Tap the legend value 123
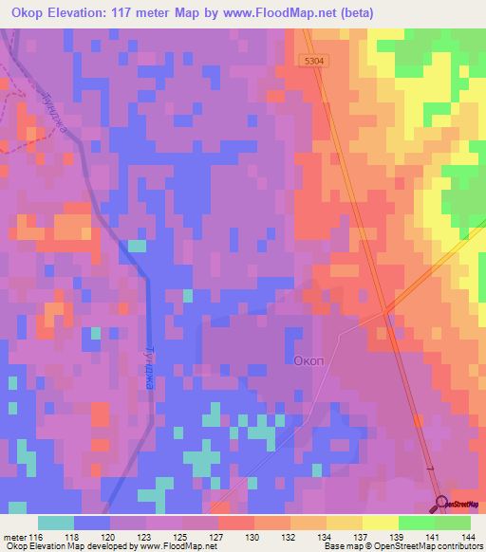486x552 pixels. [x=146, y=536]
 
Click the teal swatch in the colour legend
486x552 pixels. [x=56, y=523]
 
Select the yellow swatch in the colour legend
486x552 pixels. [x=380, y=523]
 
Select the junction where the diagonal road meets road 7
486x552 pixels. [x=384, y=313]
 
